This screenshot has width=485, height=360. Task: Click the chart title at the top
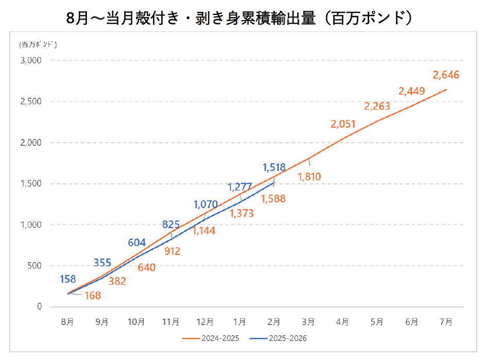[242, 17]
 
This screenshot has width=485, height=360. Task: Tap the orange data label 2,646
[446, 75]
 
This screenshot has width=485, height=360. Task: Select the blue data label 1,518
[274, 167]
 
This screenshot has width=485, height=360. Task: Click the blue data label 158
[67, 279]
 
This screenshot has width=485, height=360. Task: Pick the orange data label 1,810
[309, 177]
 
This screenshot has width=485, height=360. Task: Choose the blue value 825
[171, 224]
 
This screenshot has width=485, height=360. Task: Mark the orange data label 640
[146, 267]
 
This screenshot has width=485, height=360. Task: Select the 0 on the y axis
[39, 307]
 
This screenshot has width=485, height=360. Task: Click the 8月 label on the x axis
[67, 322]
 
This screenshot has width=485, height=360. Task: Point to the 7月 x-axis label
[446, 322]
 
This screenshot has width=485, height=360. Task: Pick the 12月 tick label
[205, 322]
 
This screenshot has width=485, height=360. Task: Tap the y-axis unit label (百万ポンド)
[38, 44]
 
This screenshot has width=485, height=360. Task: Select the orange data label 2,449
[411, 92]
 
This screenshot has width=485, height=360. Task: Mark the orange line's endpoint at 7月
[446, 90]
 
